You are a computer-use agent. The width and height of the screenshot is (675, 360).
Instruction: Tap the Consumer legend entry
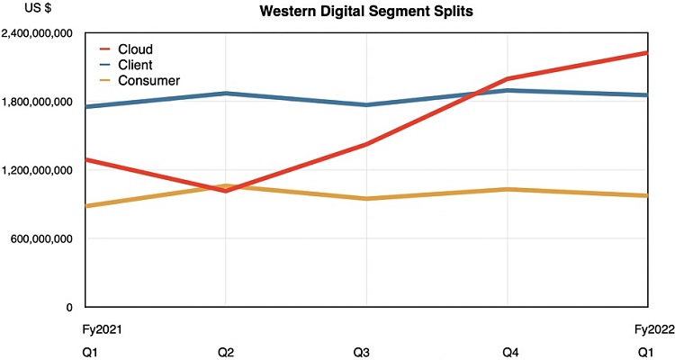click(x=148, y=81)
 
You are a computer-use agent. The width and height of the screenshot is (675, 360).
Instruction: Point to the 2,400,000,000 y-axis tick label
click(x=38, y=33)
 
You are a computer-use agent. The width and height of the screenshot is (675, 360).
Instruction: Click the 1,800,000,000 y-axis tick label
click(x=38, y=102)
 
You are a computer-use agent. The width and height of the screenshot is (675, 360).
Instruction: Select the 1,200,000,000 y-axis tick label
click(x=38, y=170)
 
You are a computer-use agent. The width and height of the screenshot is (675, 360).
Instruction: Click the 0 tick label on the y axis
click(x=68, y=307)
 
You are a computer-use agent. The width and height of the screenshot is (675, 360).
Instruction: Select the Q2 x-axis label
click(x=226, y=351)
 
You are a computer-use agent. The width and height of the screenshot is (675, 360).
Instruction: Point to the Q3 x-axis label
click(x=366, y=351)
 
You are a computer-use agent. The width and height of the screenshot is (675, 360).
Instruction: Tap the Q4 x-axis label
click(x=507, y=351)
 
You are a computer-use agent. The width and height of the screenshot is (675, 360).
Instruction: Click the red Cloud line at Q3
click(x=366, y=144)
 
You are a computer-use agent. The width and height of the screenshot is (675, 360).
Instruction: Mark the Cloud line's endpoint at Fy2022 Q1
click(x=646, y=53)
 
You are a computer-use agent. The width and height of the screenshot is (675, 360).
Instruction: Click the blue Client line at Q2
click(x=226, y=94)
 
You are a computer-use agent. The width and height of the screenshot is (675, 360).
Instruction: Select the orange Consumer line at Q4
click(x=507, y=189)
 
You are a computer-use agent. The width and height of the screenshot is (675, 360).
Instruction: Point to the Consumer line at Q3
click(x=366, y=198)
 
